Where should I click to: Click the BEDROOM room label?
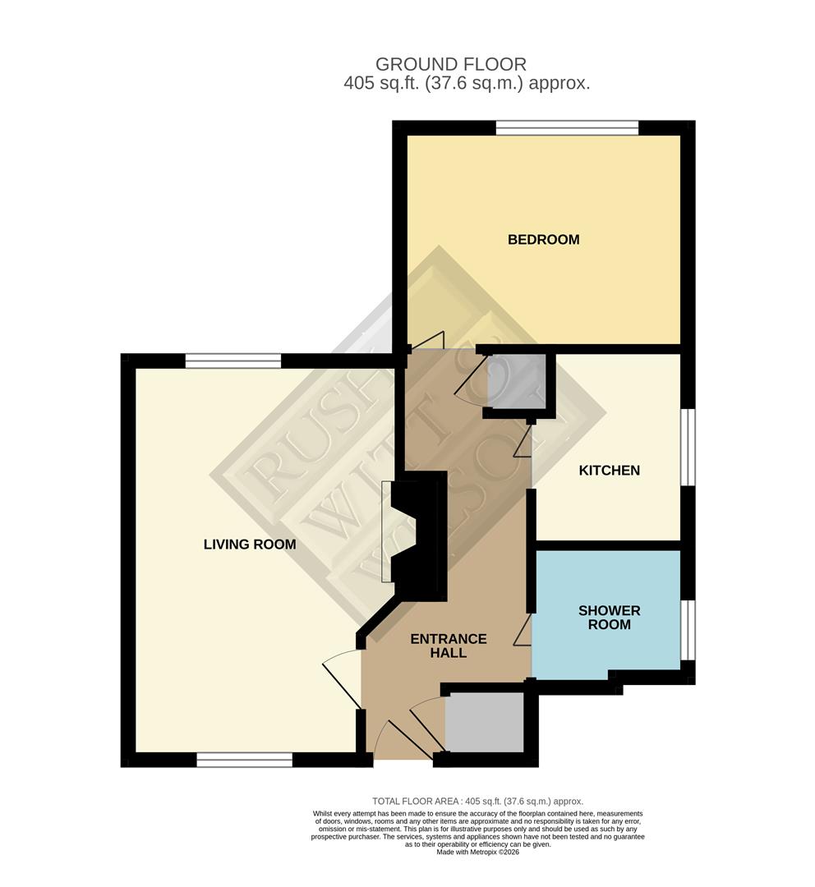tap(543, 240)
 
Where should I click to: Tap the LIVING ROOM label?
tap(250, 545)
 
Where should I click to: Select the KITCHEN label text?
tap(609, 471)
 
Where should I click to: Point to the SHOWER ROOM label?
tap(609, 618)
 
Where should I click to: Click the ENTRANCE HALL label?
tap(449, 646)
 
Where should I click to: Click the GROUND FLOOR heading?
tap(450, 64)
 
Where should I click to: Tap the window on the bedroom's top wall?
tap(567, 128)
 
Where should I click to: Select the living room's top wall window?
tap(233, 361)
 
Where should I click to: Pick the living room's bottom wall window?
tap(244, 760)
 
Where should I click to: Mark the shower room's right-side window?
tap(688, 629)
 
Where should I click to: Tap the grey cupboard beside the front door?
tap(484, 722)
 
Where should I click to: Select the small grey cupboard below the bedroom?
tap(517, 381)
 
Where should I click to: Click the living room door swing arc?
tap(341, 678)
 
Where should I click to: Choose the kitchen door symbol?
tap(523, 444)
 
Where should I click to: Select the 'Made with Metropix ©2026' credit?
tap(477, 852)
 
